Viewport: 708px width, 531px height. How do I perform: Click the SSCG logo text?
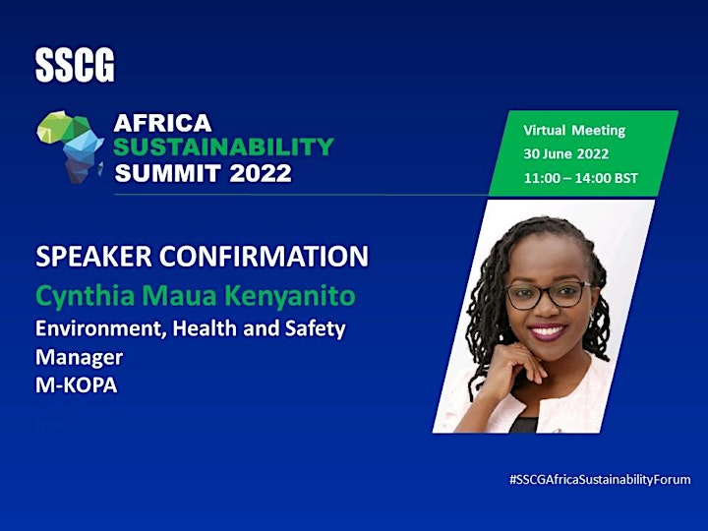click(75, 66)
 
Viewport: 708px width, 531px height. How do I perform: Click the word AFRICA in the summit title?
click(162, 123)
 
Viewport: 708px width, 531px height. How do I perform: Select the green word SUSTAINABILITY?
click(223, 147)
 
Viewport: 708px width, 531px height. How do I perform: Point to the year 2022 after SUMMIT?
click(261, 173)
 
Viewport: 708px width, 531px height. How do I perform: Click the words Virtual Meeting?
click(574, 131)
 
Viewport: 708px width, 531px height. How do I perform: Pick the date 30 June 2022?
click(566, 154)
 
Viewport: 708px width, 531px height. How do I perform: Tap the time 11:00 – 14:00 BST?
click(581, 178)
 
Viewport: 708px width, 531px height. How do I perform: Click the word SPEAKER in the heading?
click(93, 256)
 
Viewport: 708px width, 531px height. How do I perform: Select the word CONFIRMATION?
click(264, 256)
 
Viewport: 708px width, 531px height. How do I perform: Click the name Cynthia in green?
click(85, 297)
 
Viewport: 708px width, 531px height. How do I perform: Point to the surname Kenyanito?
click(290, 297)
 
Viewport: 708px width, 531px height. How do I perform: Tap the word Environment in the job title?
click(98, 328)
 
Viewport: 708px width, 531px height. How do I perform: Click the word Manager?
click(79, 358)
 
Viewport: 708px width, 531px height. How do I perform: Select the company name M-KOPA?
click(77, 385)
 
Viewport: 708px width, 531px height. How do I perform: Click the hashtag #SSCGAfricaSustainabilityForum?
click(600, 480)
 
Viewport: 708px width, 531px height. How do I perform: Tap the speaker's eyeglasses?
click(548, 295)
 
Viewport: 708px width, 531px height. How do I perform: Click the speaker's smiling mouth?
click(547, 332)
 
